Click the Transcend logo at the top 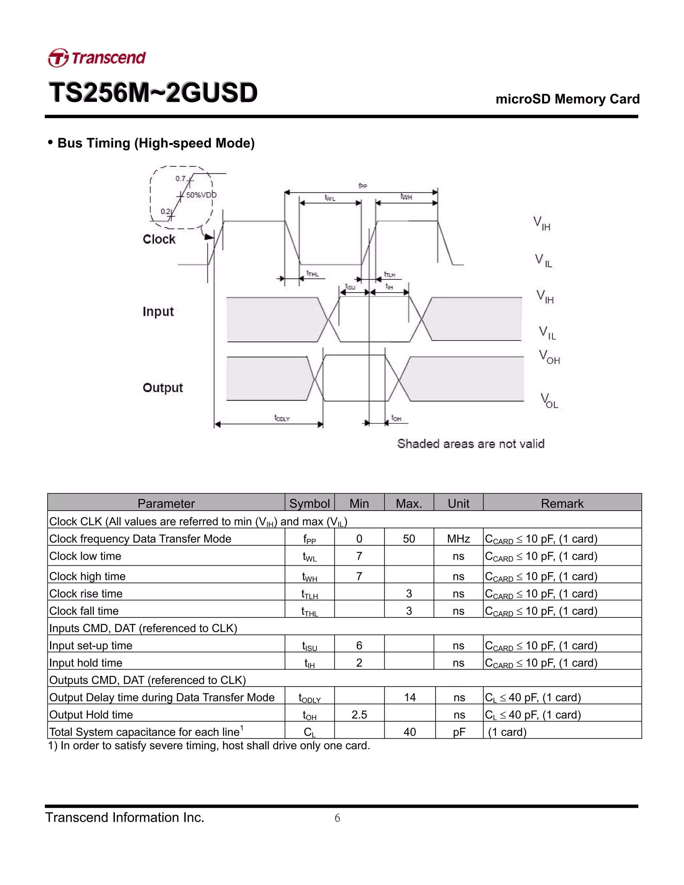[x=97, y=57]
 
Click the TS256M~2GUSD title [x=153, y=93]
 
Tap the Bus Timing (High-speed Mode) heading [x=151, y=143]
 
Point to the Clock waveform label [x=159, y=239]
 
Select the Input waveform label [x=158, y=311]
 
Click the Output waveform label [x=163, y=387]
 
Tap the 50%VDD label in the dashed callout [x=201, y=195]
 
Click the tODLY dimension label [x=282, y=418]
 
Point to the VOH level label [x=549, y=357]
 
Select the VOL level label [x=549, y=401]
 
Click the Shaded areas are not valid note [x=471, y=444]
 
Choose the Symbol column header [x=310, y=503]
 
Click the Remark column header [x=562, y=503]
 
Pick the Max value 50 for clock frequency [x=409, y=539]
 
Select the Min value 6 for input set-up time [x=359, y=645]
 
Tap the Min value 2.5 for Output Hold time [x=359, y=714]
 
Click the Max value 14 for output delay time [x=410, y=697]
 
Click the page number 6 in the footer [x=337, y=818]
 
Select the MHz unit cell [x=458, y=539]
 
